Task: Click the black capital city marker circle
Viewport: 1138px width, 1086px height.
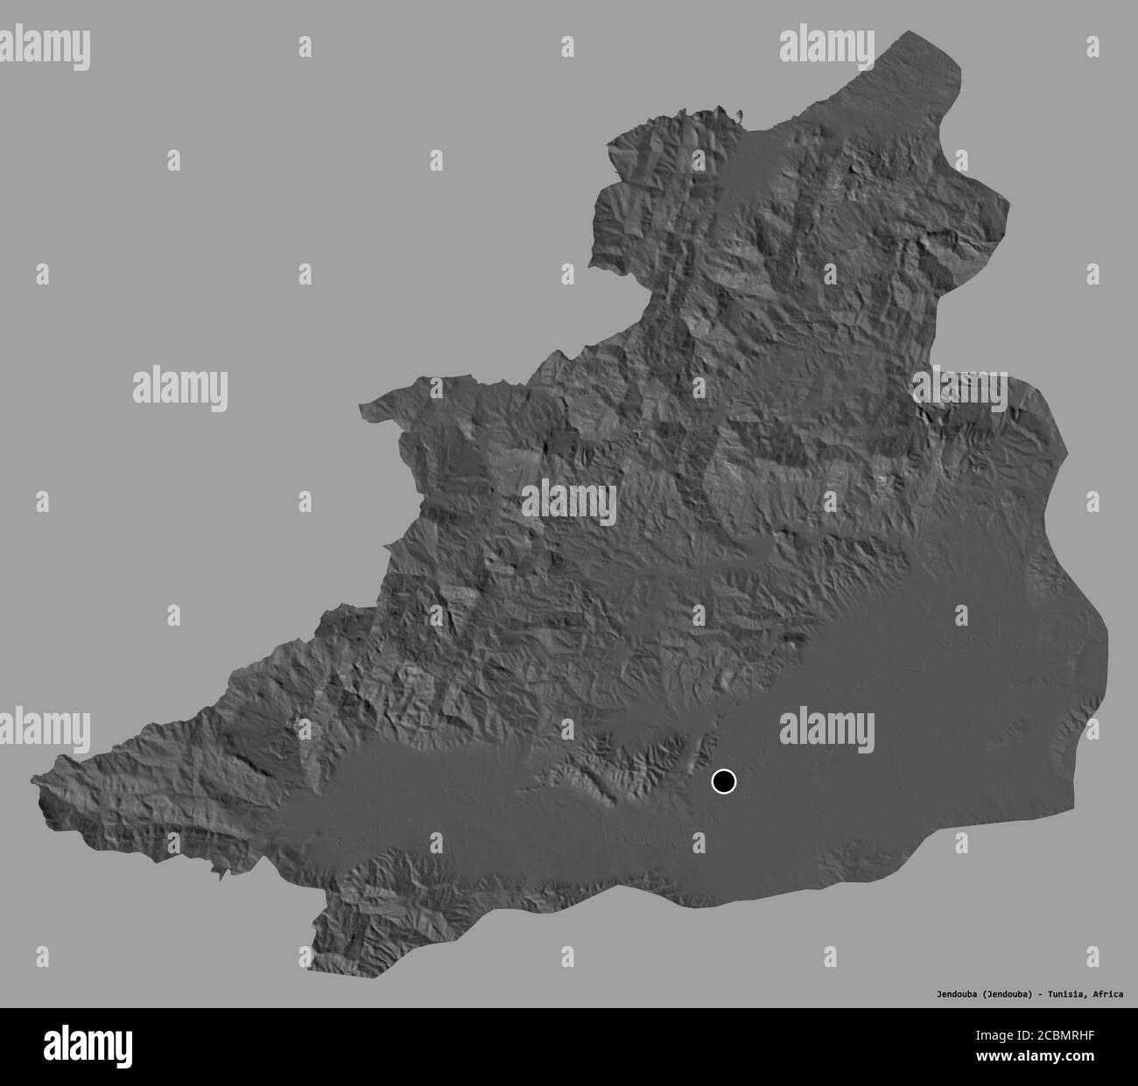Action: pyautogui.click(x=724, y=781)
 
